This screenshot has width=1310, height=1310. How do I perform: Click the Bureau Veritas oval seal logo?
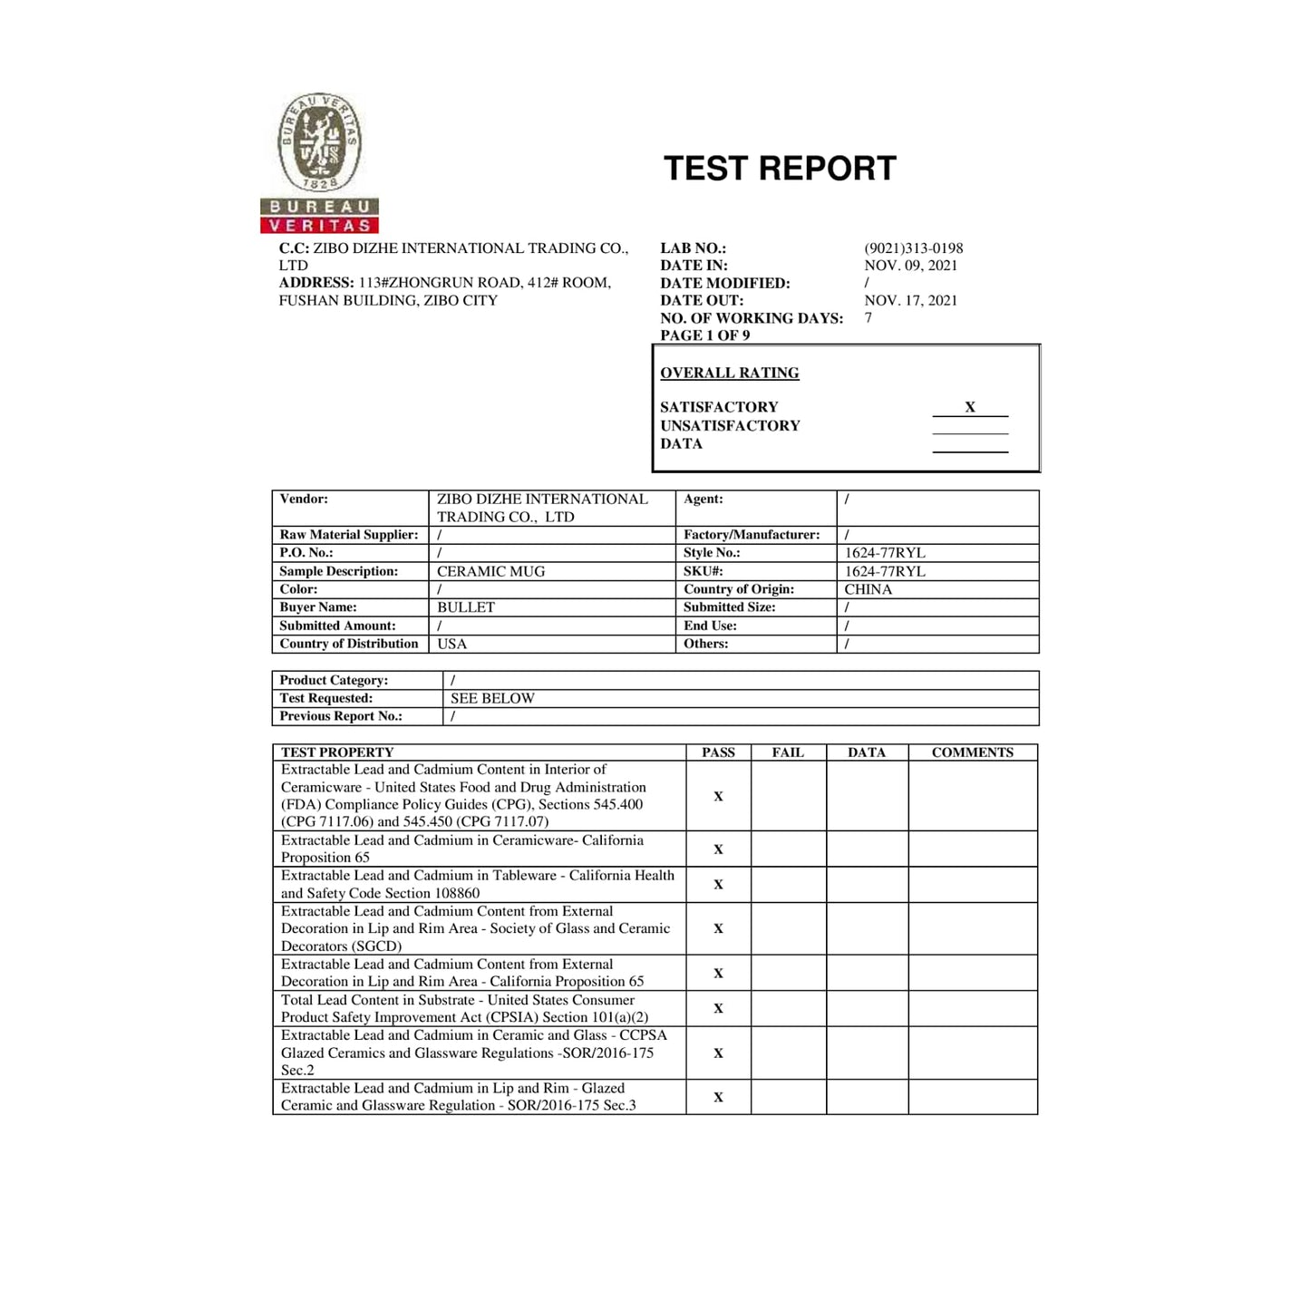point(319,144)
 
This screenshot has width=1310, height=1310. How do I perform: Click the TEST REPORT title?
point(780,169)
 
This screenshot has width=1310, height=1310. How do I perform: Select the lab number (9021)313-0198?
point(913,248)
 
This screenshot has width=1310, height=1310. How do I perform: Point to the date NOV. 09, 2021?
point(910,266)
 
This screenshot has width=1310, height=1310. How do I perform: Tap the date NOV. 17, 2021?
point(910,300)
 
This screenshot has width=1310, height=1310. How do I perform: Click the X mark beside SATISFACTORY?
point(969,407)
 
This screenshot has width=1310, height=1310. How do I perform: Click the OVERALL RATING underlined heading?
point(729,373)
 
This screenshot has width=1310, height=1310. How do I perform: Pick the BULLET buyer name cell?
point(465,607)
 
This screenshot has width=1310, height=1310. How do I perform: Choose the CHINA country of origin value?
point(868,589)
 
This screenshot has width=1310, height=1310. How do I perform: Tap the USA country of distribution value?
point(451,644)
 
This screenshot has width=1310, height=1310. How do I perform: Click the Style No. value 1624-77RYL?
point(884,553)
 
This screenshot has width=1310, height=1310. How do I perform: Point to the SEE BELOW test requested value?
point(492,698)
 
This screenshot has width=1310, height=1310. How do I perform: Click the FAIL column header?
point(788,752)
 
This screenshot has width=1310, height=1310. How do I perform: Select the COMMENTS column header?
point(972,752)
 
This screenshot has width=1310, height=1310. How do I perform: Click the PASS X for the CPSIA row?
point(718,1008)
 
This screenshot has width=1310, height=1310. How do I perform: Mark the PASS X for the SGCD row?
point(718,928)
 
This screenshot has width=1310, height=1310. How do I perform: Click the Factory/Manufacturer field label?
point(751,535)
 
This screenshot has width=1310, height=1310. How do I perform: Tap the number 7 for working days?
point(868,318)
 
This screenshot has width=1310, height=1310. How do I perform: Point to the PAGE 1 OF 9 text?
point(704,335)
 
